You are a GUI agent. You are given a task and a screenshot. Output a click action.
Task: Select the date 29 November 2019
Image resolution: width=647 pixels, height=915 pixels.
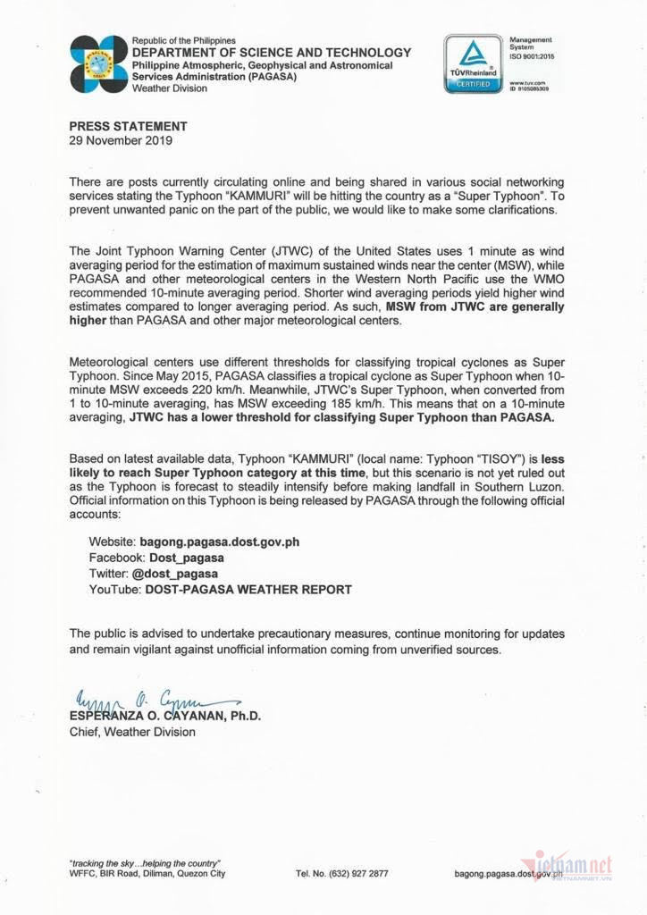(121, 140)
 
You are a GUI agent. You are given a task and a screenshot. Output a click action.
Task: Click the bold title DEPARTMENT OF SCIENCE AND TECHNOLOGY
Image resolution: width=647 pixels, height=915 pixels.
(272, 53)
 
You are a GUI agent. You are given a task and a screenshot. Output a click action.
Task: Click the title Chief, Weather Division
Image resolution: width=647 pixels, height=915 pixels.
(132, 732)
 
